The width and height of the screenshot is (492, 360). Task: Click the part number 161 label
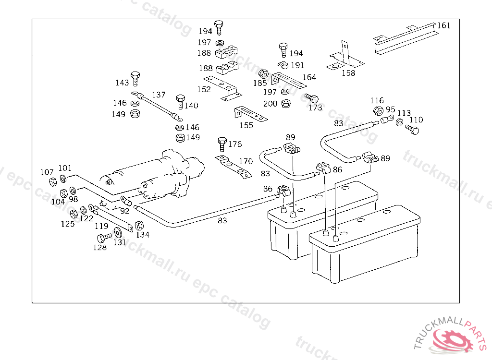[443, 25]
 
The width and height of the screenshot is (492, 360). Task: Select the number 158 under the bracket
[348, 73]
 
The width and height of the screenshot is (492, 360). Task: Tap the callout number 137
[159, 95]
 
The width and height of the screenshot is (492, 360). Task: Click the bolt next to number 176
[221, 144]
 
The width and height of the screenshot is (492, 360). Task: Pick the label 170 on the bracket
[246, 161]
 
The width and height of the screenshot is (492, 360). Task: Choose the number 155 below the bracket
[246, 125]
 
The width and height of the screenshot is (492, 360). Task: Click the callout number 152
[204, 89]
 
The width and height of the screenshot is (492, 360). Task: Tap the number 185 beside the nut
[260, 83]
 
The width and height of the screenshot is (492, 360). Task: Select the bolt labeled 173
[312, 98]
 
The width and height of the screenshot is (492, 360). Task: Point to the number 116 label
[377, 100]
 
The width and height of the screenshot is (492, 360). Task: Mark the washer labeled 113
[400, 123]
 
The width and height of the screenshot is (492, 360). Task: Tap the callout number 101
[65, 168]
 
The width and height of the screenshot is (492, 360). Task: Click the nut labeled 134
[139, 226]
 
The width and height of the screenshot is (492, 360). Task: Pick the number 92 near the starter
[124, 210]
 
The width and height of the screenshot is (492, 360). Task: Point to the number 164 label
[309, 77]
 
